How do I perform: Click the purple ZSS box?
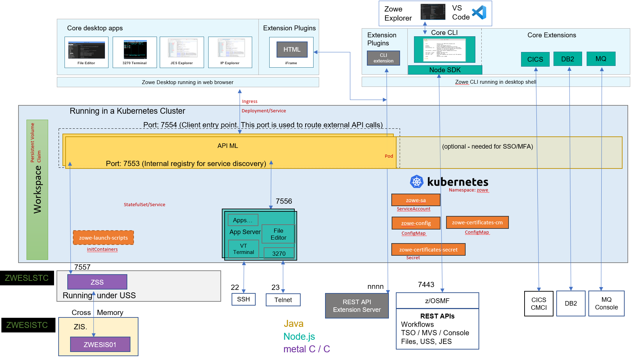click(97, 282)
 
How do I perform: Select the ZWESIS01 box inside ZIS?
click(100, 344)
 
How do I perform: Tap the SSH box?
click(243, 299)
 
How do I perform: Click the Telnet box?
click(283, 300)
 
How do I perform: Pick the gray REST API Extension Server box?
click(356, 306)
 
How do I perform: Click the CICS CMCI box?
click(539, 303)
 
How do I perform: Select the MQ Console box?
click(606, 303)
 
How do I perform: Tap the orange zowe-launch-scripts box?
click(103, 238)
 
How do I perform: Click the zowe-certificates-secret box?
click(428, 249)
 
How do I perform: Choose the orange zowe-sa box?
click(416, 200)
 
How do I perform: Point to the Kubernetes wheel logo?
click(416, 181)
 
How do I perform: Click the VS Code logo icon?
click(479, 13)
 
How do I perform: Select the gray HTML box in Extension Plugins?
click(292, 50)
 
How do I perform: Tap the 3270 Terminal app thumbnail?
click(135, 50)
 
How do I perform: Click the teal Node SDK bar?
click(445, 70)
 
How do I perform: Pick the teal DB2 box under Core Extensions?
click(567, 59)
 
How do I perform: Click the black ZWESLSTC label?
click(27, 278)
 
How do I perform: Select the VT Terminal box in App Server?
click(243, 249)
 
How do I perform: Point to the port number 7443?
click(426, 285)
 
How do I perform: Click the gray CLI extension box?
click(383, 58)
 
